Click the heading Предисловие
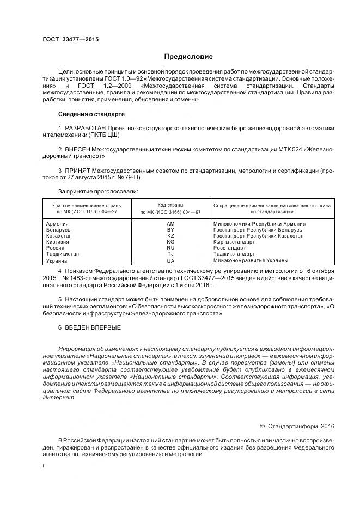point(188,57)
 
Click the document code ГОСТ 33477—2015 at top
point(70,40)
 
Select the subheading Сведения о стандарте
point(91,114)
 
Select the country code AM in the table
point(170,224)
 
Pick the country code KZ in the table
point(170,236)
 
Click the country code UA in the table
point(170,261)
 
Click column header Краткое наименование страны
point(87,205)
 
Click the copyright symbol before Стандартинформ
point(262,426)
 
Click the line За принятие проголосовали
point(98,191)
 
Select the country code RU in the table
point(170,248)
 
